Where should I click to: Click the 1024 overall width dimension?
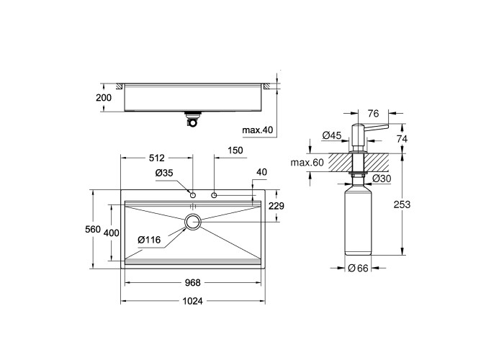(x=192, y=301)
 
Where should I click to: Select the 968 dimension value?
(x=192, y=282)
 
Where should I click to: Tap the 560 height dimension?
(x=93, y=229)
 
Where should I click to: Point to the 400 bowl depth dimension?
(x=112, y=233)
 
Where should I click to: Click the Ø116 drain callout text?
(x=149, y=240)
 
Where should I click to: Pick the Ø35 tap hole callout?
(x=164, y=174)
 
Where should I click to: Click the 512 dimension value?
(x=157, y=158)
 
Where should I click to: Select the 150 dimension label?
(x=235, y=150)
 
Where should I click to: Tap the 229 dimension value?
(x=276, y=206)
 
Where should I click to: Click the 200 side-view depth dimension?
(x=104, y=98)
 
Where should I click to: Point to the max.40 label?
(x=258, y=130)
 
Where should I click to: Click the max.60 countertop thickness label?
(x=307, y=163)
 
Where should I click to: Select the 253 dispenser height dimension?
(x=402, y=204)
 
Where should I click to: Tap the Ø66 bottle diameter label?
(x=358, y=268)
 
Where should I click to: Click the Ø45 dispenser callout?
(x=331, y=135)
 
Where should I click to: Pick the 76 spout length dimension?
(x=374, y=114)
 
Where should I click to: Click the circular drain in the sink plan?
(x=193, y=222)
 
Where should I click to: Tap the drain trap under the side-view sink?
(x=193, y=119)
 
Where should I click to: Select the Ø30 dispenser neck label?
(x=382, y=179)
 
